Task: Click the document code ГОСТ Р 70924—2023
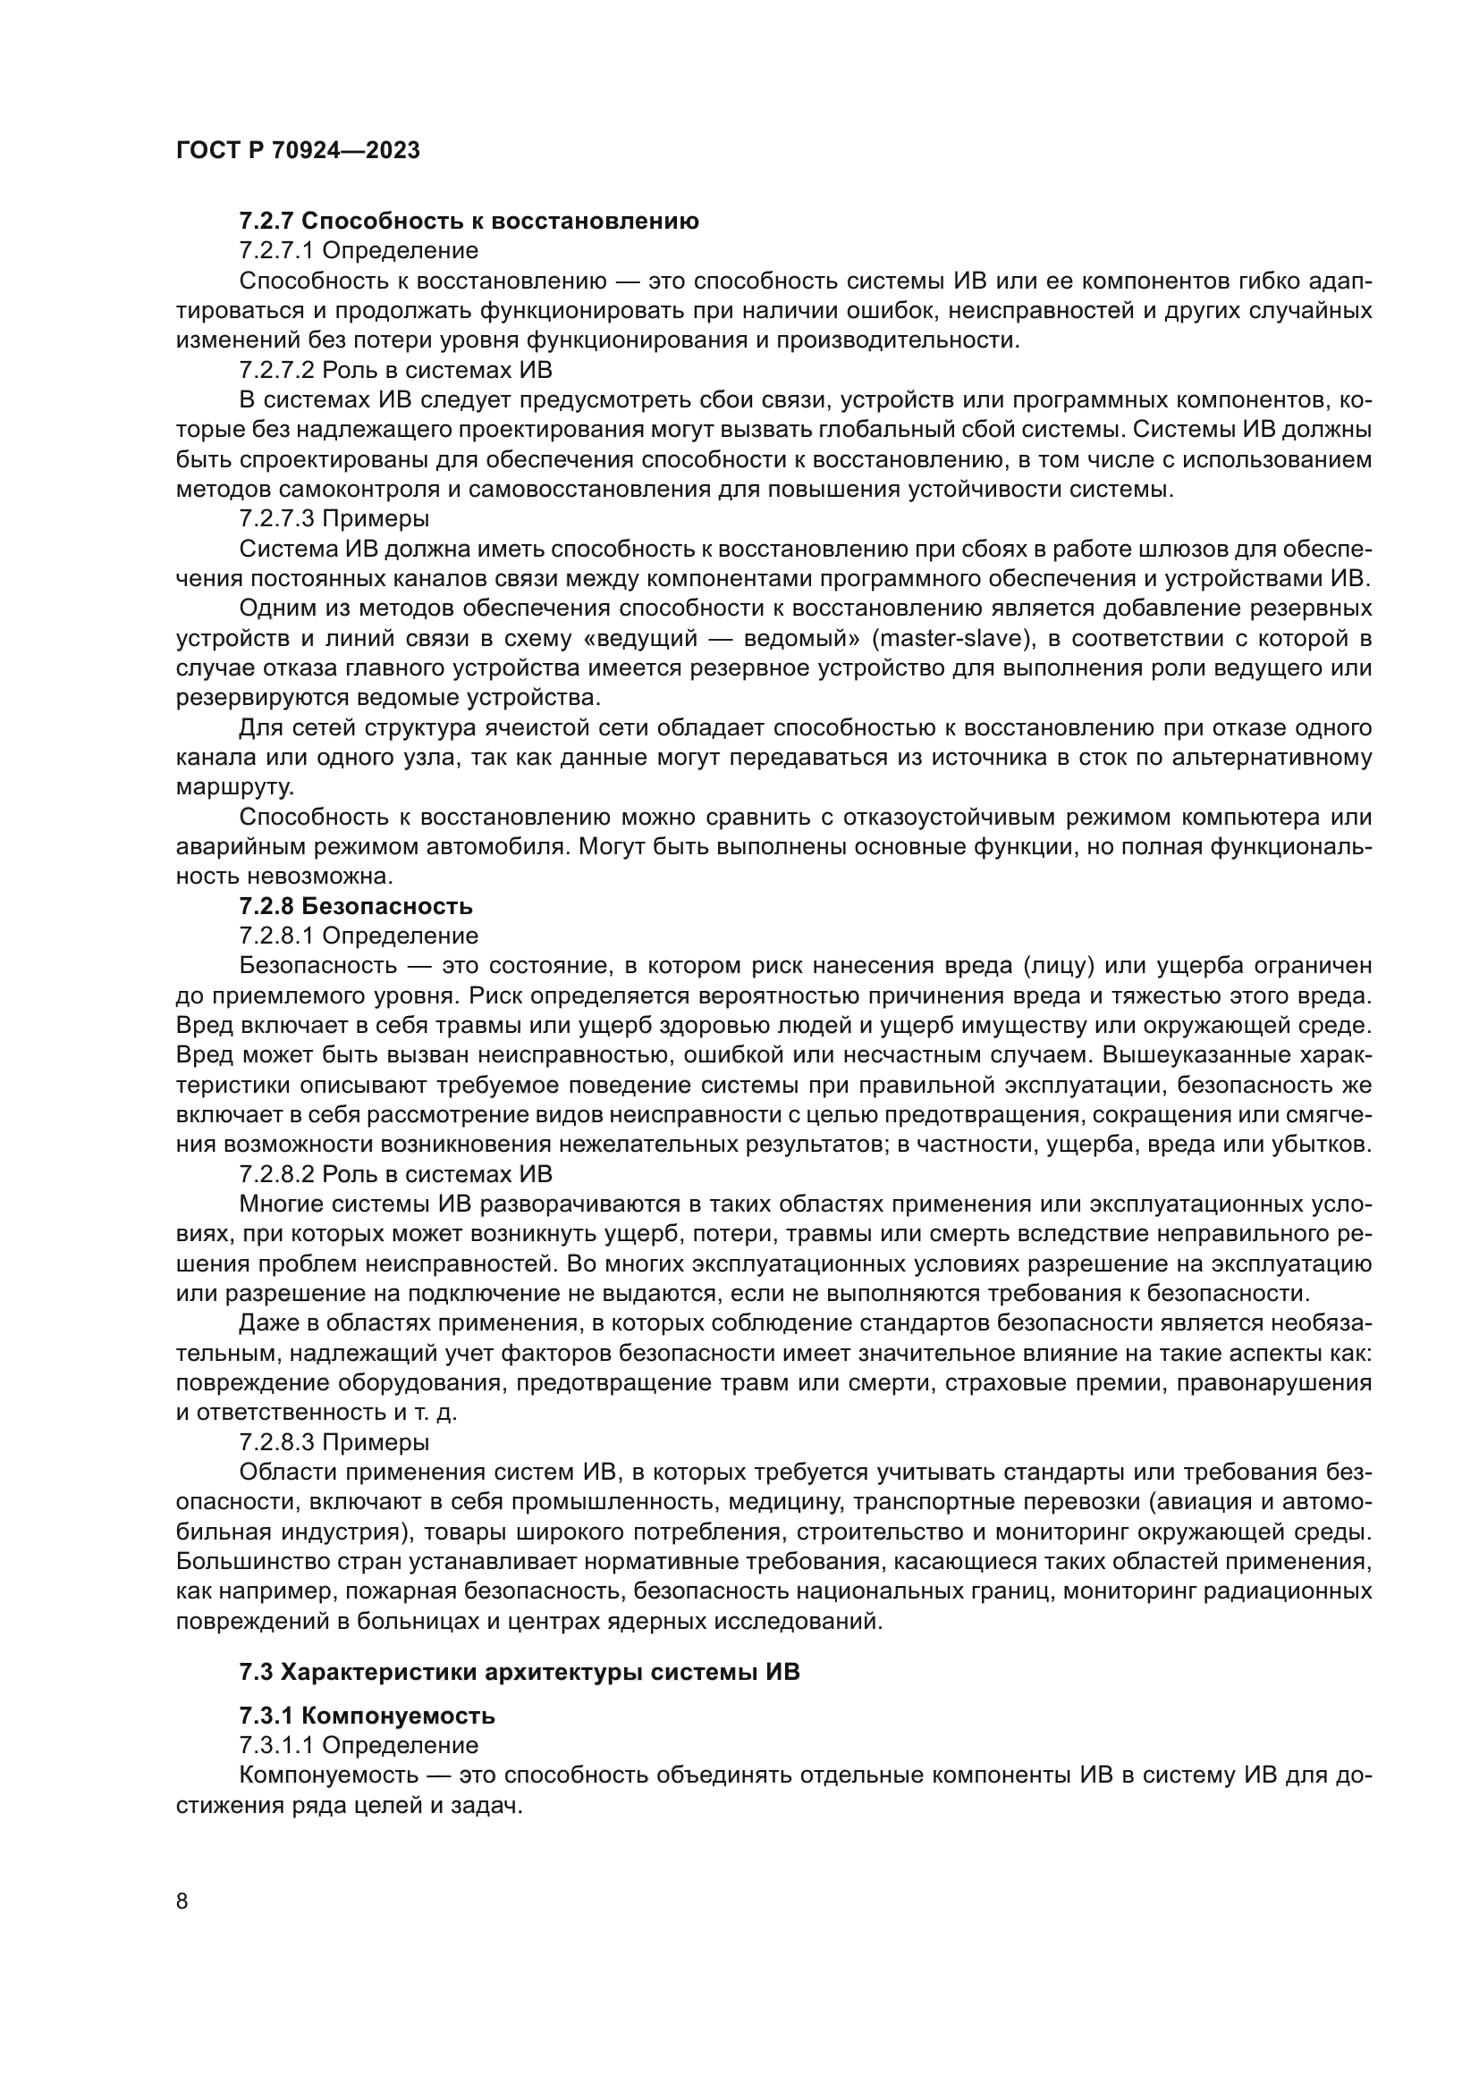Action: pyautogui.click(x=298, y=150)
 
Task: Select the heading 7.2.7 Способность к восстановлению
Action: pyautogui.click(x=469, y=221)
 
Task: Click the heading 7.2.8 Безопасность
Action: pyautogui.click(x=356, y=906)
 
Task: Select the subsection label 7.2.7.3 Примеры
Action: pyautogui.click(x=334, y=519)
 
